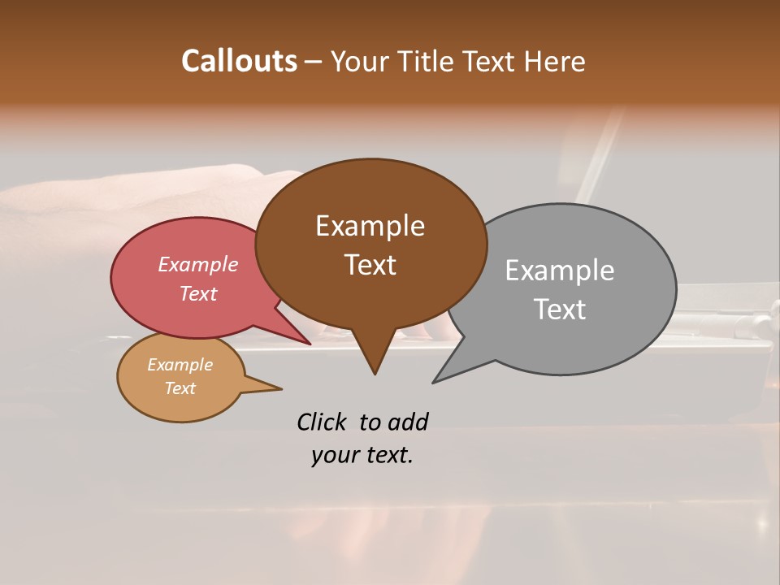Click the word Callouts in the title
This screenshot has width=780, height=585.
pos(239,61)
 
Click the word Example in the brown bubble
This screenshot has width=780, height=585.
pos(370,226)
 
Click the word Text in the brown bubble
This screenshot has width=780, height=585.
pos(370,265)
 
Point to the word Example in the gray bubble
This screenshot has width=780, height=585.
pos(559,271)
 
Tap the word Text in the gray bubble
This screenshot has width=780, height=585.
pos(559,310)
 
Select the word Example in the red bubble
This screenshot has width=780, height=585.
pos(197,265)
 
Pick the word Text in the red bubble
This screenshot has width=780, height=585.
pos(197,293)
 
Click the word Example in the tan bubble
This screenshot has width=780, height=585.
pos(180,365)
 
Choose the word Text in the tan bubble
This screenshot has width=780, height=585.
pos(180,388)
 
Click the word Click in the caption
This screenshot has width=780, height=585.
pos(322,422)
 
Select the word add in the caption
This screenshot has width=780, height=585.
pos(408,422)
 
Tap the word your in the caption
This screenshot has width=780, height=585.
pos(335,456)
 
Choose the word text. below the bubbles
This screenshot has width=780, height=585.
pos(388,456)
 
